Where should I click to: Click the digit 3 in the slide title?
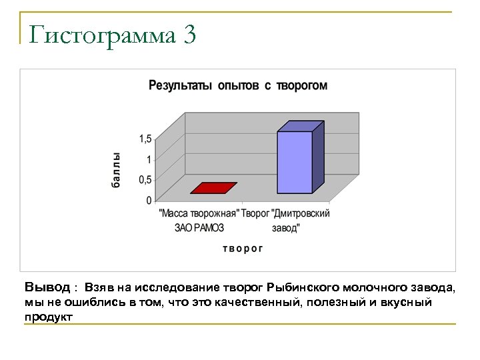[x=187, y=35]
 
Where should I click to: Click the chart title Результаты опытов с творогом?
[x=238, y=85]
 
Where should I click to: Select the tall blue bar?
[x=295, y=161]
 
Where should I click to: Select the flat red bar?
[x=213, y=188]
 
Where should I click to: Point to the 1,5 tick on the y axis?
[x=145, y=139]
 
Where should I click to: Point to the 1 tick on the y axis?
[x=149, y=159]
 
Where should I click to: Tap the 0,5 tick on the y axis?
[x=145, y=179]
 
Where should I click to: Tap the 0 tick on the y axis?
[x=149, y=200]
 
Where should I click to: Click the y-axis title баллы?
[x=116, y=171]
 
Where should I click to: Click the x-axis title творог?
[x=243, y=248]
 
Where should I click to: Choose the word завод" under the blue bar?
[x=286, y=227]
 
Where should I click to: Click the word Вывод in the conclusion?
[x=47, y=287]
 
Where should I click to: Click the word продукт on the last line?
[x=48, y=317]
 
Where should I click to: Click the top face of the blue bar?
[x=301, y=126]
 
